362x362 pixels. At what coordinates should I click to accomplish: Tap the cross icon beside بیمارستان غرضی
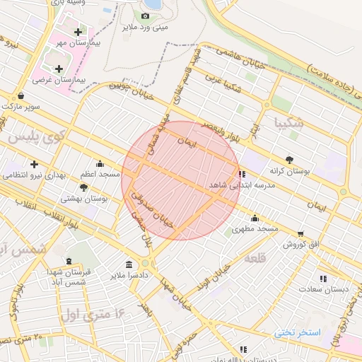click(x=58, y=69)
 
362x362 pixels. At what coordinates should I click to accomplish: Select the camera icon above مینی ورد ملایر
click(x=145, y=16)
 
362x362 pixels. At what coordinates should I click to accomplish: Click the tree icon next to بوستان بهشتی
click(x=84, y=187)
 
